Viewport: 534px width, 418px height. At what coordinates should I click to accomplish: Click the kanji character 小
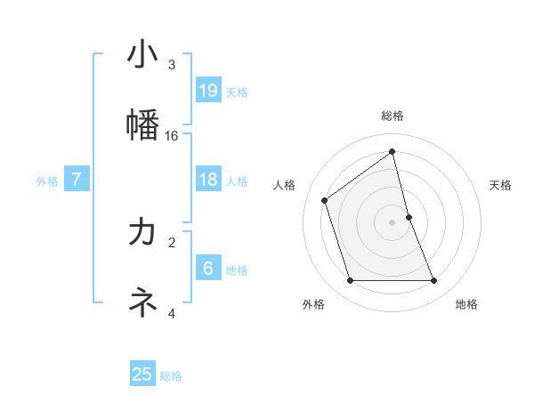(x=142, y=54)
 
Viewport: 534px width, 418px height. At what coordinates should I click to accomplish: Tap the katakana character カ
(x=142, y=232)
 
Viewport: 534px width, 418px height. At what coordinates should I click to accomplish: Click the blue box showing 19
(x=208, y=90)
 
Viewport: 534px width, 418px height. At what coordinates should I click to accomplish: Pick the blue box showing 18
(x=208, y=180)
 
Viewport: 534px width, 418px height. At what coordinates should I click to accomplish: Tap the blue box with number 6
(x=208, y=268)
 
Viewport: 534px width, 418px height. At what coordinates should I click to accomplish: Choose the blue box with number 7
(x=77, y=180)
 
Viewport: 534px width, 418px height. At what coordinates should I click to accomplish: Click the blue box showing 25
(x=142, y=374)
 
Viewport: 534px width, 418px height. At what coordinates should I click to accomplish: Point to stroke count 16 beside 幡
(x=172, y=136)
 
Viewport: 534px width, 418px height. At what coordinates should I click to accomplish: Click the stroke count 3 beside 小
(x=172, y=65)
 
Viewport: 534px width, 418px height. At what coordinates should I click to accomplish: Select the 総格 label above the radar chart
(x=392, y=116)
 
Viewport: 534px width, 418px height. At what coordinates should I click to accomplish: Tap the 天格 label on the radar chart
(x=500, y=185)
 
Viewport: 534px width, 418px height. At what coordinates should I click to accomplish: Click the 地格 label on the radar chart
(x=466, y=304)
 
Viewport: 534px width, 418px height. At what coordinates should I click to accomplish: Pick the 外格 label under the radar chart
(x=313, y=304)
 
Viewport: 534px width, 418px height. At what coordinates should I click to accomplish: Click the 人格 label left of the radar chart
(x=284, y=185)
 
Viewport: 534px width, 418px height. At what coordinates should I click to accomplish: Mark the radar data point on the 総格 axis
(x=392, y=151)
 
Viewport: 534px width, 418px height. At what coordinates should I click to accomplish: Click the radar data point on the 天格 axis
(x=409, y=217)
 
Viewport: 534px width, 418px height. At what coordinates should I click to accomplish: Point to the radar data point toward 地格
(x=434, y=281)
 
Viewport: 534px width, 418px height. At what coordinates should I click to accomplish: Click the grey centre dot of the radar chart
(x=392, y=222)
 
